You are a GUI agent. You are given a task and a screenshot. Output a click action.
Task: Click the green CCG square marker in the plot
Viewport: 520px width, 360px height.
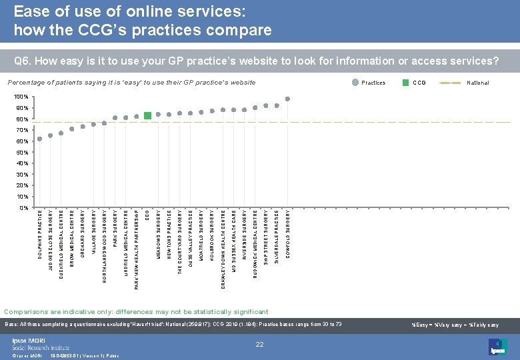tap(147, 115)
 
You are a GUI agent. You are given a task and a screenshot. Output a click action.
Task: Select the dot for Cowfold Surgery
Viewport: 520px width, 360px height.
tap(287, 99)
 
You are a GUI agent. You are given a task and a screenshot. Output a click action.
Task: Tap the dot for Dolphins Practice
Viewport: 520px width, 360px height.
tap(39, 139)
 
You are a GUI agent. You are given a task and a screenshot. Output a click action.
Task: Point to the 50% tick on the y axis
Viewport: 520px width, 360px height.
tap(22, 152)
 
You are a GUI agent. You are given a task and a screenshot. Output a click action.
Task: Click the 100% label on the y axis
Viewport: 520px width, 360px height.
tap(21, 97)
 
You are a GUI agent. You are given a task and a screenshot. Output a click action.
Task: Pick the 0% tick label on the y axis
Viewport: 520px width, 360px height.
tap(23, 207)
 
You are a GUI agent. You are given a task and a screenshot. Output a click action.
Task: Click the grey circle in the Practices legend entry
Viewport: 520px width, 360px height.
tap(353, 83)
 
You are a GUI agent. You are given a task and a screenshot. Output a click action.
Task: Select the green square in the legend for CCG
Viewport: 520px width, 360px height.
tap(405, 83)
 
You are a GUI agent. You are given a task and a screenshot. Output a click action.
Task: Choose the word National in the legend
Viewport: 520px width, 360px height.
tap(477, 83)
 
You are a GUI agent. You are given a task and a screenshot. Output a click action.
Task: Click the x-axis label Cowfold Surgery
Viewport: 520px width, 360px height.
tap(288, 233)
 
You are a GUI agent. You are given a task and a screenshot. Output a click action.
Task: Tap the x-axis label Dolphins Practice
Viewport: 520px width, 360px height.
tap(40, 235)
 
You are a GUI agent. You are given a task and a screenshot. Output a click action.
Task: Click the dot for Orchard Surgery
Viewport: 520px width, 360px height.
tap(83, 126)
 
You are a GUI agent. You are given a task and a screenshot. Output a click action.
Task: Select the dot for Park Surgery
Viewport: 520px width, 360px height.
tap(115, 118)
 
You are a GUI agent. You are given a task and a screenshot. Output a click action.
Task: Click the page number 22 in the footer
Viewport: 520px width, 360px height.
tap(261, 344)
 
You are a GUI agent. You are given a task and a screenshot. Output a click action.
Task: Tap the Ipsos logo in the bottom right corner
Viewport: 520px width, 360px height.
tap(497, 347)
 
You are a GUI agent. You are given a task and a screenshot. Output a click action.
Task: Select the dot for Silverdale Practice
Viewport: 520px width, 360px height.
tap(277, 105)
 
